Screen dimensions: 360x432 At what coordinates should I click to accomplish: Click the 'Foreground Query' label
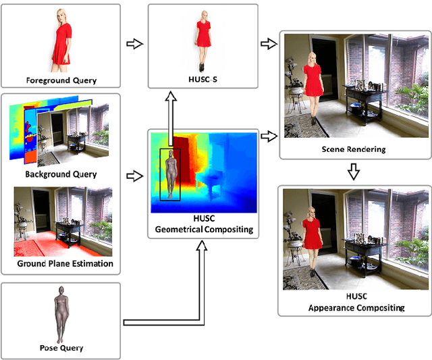(61, 80)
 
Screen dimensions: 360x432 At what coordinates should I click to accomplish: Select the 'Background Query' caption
(61, 174)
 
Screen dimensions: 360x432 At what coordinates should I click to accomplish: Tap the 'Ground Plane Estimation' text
(65, 263)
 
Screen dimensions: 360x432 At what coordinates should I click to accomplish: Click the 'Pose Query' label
(61, 348)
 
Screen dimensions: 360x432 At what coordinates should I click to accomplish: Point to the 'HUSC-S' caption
(202, 80)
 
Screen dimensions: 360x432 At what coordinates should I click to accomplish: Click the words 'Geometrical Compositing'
(204, 230)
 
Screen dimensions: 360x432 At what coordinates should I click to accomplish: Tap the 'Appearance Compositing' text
(354, 308)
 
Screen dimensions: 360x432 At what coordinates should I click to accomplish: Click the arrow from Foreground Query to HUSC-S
(134, 45)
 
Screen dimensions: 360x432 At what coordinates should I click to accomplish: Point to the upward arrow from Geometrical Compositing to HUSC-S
(172, 111)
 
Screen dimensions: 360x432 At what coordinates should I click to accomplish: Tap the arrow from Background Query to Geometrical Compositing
(134, 177)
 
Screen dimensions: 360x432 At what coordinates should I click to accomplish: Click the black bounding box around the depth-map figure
(170, 174)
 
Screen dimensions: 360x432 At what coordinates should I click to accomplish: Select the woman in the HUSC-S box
(203, 43)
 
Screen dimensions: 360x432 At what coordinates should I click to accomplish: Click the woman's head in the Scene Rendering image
(313, 58)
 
